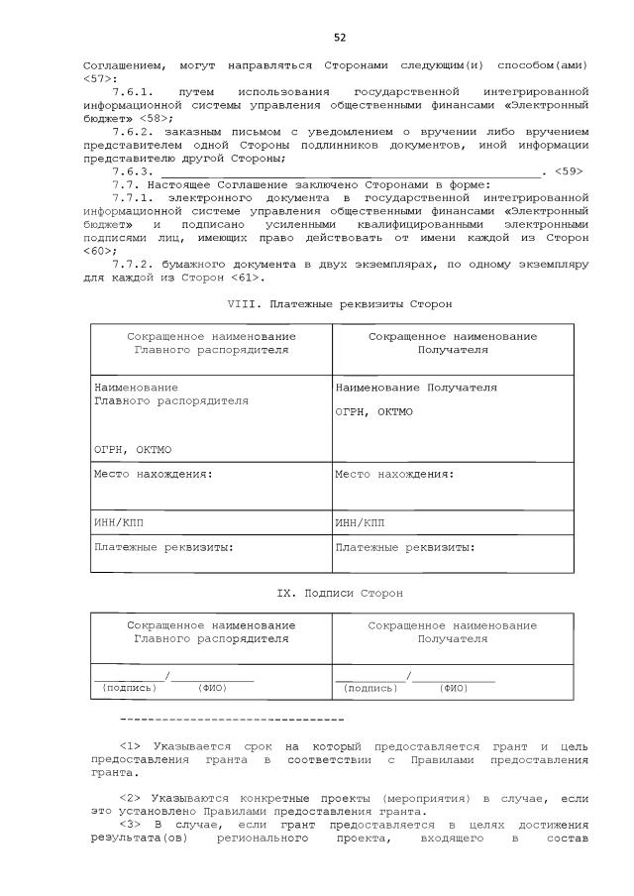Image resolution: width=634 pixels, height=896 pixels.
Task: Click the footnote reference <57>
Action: coord(99,77)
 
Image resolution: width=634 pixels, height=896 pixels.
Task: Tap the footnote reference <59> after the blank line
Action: coord(569,170)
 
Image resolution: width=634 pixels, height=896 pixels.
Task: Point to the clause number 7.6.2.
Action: coord(134,131)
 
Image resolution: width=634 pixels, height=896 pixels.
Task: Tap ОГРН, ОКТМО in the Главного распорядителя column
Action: coord(132,450)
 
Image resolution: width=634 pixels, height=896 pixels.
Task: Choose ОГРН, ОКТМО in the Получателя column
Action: coord(373,412)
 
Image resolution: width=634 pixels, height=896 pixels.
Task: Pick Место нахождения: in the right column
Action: coord(394,474)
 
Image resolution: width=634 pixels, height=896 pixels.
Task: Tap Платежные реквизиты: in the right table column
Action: coord(405,546)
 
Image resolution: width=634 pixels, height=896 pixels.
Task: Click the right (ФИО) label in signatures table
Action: coord(455,687)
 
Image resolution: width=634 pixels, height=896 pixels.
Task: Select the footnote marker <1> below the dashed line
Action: coord(130,745)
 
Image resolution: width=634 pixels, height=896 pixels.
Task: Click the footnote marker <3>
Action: coord(130,825)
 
